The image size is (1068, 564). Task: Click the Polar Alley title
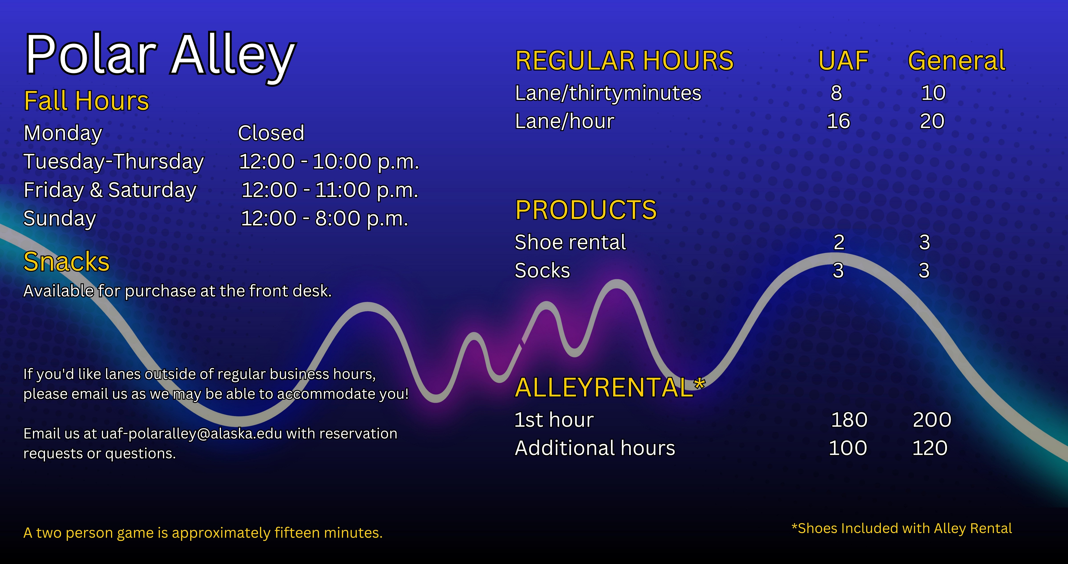pyautogui.click(x=161, y=56)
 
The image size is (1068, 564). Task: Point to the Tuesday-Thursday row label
pyautogui.click(x=114, y=162)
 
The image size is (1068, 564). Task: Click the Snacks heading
pyautogui.click(x=66, y=262)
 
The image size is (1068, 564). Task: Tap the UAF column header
pyautogui.click(x=843, y=61)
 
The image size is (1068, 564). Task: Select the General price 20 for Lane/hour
pyautogui.click(x=932, y=121)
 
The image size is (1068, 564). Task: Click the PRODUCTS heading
pyautogui.click(x=586, y=210)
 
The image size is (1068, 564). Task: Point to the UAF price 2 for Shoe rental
pyautogui.click(x=839, y=242)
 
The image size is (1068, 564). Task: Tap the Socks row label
pyautogui.click(x=542, y=271)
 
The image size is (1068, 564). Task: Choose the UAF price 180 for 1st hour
pyautogui.click(x=849, y=420)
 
